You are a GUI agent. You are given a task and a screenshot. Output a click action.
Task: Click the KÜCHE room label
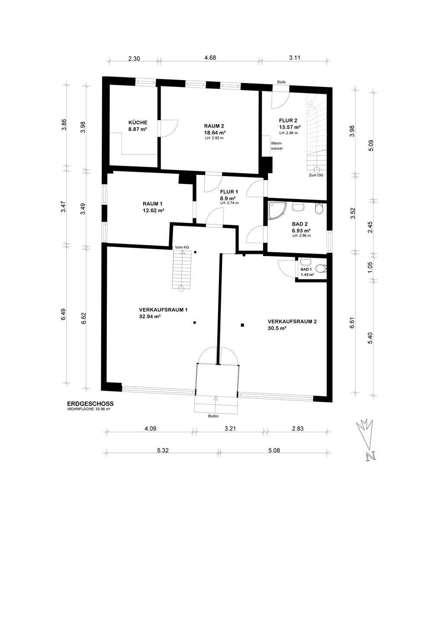pyautogui.click(x=138, y=122)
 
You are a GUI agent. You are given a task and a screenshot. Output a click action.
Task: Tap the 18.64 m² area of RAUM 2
pyautogui.click(x=215, y=132)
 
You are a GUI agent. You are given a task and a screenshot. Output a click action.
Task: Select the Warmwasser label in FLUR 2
pyautogui.click(x=277, y=146)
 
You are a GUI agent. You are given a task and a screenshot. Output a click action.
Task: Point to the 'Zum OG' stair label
pyautogui.click(x=316, y=175)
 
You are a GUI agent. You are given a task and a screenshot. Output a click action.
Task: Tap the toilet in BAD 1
pyautogui.click(x=322, y=268)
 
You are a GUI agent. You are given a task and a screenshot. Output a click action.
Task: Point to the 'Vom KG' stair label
pyautogui.click(x=182, y=247)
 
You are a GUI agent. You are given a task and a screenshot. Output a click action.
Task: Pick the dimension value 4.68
pyautogui.click(x=210, y=58)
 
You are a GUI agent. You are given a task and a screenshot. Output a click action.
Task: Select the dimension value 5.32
pyautogui.click(x=163, y=451)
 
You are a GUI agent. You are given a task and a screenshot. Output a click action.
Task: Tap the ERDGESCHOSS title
pyautogui.click(x=90, y=404)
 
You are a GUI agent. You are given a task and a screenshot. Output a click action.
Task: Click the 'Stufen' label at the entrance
pyautogui.click(x=213, y=416)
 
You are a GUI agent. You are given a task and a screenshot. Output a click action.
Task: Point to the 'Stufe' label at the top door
pyautogui.click(x=281, y=82)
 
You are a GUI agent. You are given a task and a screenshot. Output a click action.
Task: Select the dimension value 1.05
pyautogui.click(x=370, y=267)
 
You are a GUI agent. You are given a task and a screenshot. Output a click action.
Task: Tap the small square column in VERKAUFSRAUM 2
pyautogui.click(x=243, y=325)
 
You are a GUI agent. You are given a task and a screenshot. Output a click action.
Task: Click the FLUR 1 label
pyautogui.click(x=229, y=192)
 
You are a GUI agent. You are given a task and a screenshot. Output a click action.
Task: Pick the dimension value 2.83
pyautogui.click(x=298, y=429)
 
